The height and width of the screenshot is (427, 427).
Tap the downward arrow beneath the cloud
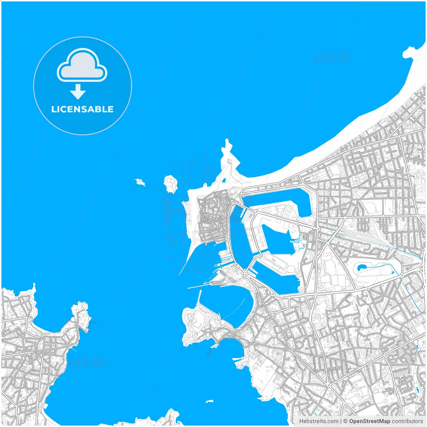pos(78,92)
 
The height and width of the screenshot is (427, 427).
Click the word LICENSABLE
pos(82,109)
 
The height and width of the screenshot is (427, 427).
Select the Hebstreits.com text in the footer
pos(319,421)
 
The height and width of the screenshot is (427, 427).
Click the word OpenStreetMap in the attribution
pos(369,421)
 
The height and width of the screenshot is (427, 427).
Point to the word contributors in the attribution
pos(407,421)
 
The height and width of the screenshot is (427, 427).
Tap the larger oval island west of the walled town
pos(170,184)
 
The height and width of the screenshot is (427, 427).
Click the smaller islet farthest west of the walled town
pos(140,182)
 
